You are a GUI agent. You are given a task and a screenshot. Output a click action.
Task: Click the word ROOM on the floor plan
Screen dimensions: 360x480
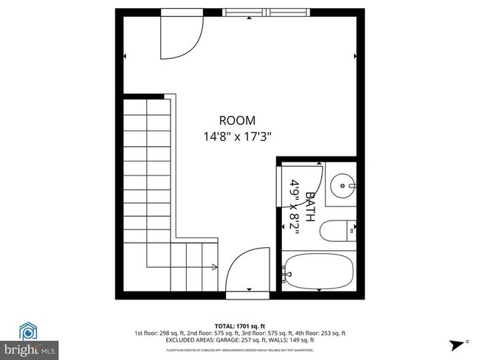point(237,120)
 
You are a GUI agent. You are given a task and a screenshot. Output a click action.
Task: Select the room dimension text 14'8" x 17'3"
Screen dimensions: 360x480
point(238,136)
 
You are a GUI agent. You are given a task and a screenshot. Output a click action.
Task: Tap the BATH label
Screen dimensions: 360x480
point(311,207)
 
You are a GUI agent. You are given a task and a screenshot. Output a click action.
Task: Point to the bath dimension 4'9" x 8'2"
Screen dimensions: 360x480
point(295,207)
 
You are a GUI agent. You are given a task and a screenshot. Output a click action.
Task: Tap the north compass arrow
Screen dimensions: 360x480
point(457,343)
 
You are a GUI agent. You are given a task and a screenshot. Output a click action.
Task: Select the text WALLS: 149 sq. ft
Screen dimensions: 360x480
point(295,339)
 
